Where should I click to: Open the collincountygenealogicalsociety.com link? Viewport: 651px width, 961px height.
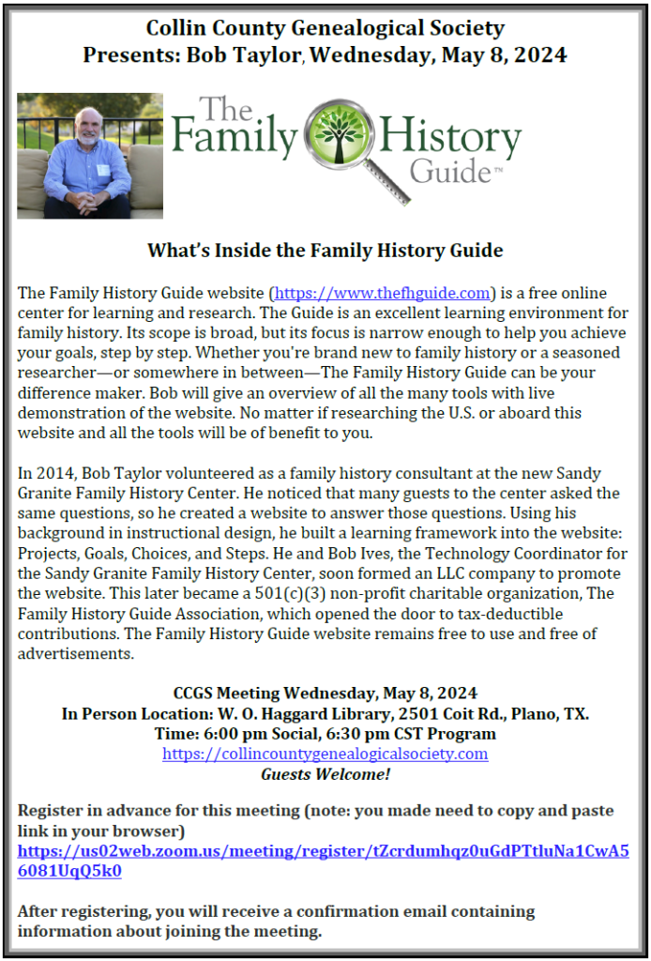[325, 754]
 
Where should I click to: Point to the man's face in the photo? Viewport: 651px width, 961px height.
[89, 130]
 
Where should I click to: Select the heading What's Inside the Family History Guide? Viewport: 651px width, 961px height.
[325, 251]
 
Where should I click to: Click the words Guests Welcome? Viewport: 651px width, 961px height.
[325, 774]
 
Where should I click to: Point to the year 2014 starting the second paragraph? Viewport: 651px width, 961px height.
[47, 473]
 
